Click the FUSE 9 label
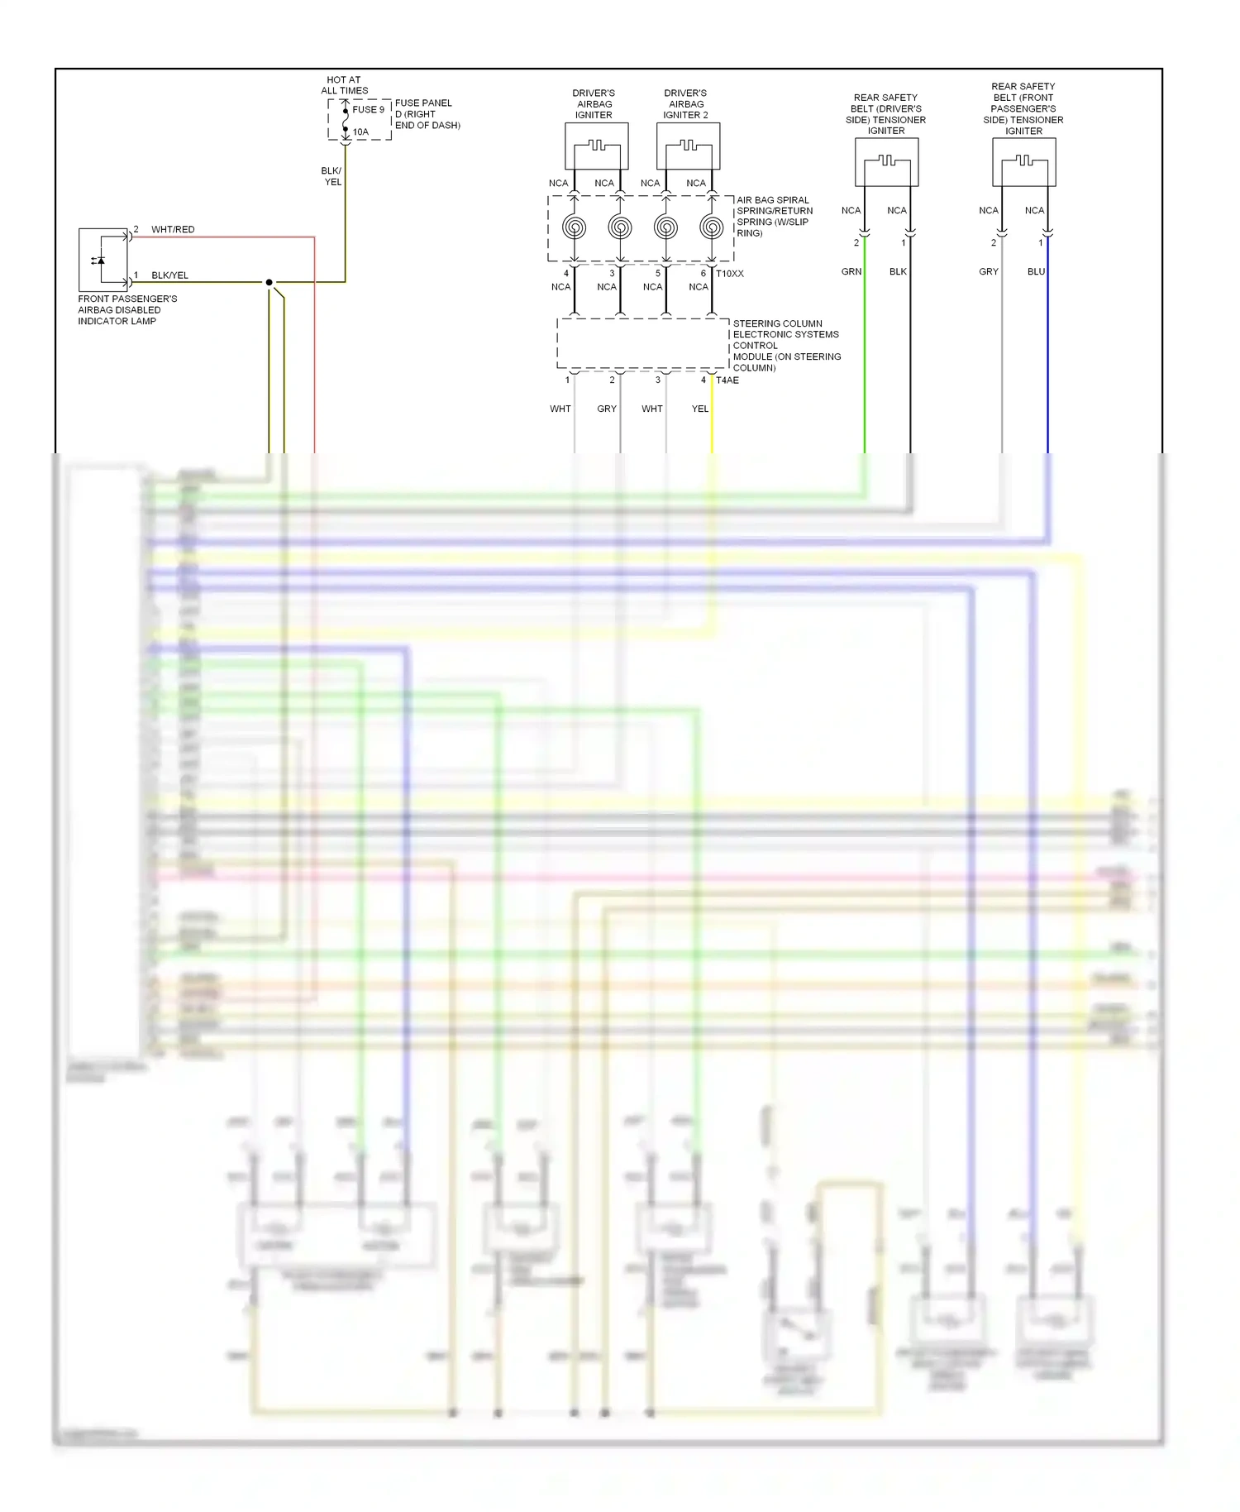(368, 109)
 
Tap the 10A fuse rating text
(360, 132)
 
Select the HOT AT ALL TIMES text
(344, 85)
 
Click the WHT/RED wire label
(173, 229)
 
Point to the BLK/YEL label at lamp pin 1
(169, 275)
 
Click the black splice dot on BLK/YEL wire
(269, 282)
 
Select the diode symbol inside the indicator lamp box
(100, 260)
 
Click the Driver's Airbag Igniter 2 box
(688, 146)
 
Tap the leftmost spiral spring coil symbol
(575, 227)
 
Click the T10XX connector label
(730, 274)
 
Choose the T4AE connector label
(727, 380)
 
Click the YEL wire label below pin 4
(700, 409)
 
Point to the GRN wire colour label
(851, 271)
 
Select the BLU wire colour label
(1036, 271)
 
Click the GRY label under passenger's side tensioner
(989, 271)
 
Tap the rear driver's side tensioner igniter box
(886, 162)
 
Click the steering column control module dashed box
(642, 343)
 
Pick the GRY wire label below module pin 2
(607, 409)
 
